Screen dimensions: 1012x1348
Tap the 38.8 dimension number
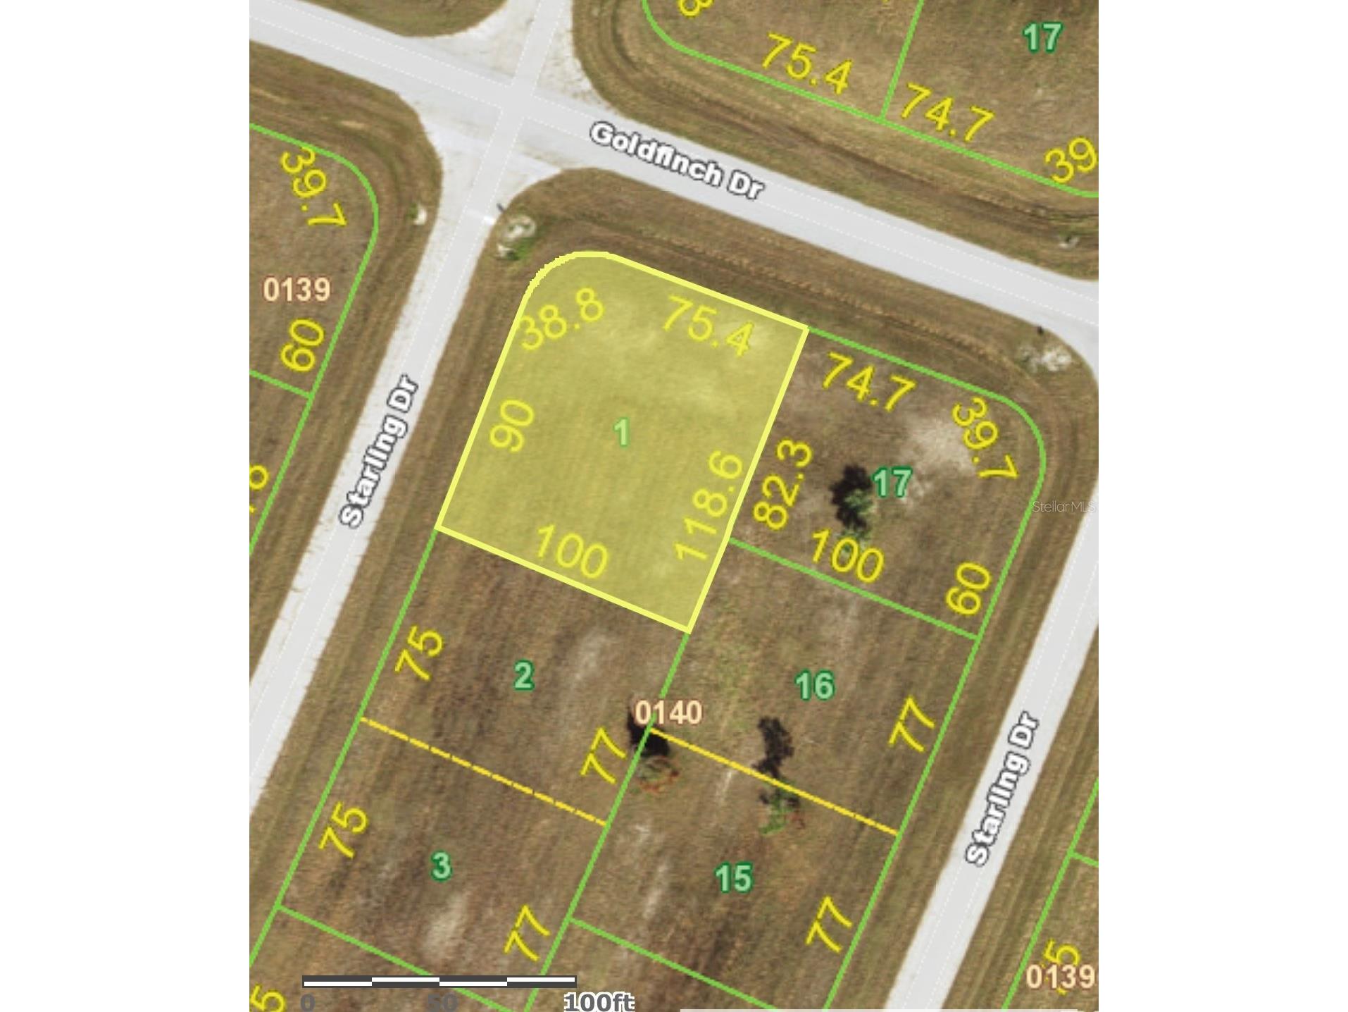pos(562,321)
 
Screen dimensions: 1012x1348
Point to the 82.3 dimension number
pos(783,486)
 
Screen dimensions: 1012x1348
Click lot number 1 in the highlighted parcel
pos(621,432)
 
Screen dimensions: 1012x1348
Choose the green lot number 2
pos(523,676)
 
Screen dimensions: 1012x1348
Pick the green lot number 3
pos(441,865)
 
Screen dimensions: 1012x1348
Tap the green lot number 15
pos(734,879)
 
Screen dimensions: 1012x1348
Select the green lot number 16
pos(815,686)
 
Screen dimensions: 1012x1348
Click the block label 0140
pos(668,712)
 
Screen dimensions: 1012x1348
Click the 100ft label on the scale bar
pos(599,1001)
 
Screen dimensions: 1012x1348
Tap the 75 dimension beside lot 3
pos(344,830)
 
